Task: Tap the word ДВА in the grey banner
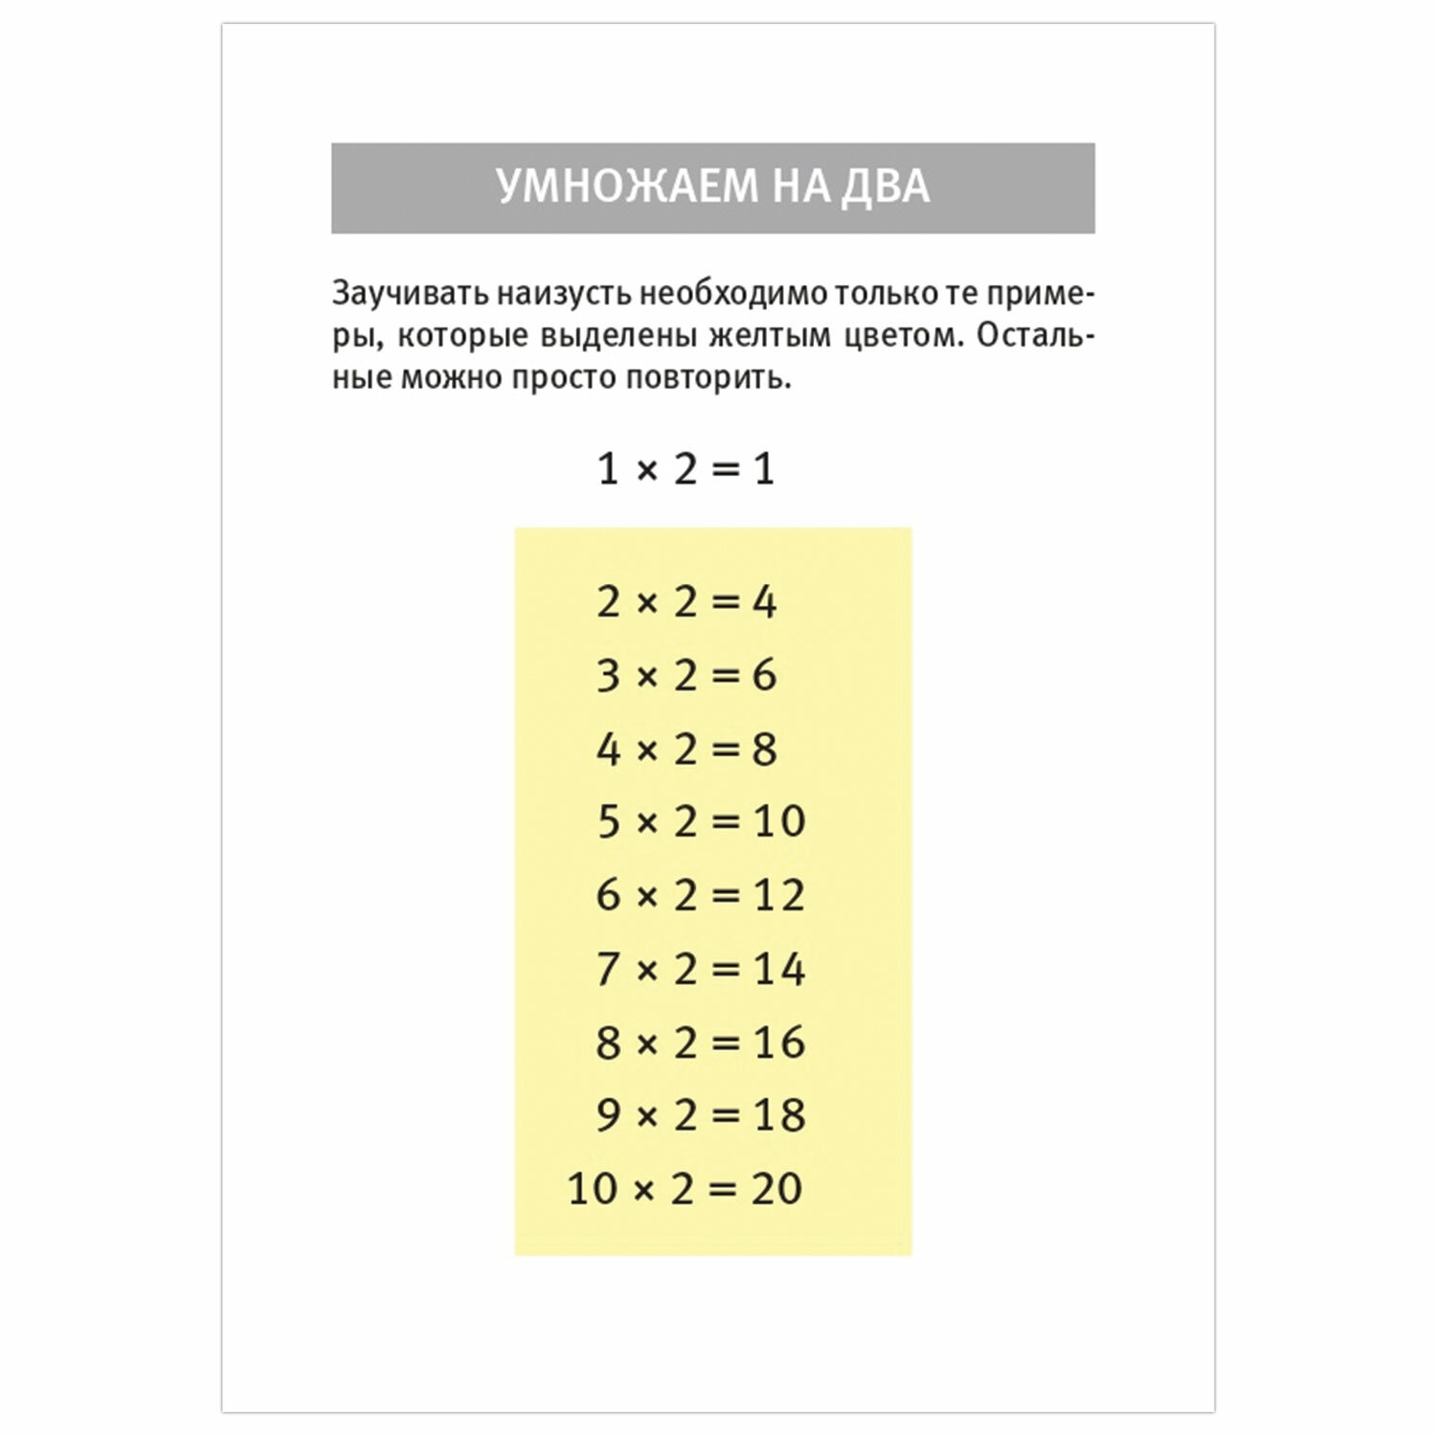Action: (x=886, y=187)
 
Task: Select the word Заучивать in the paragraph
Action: (x=410, y=294)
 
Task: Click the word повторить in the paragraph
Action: (x=708, y=379)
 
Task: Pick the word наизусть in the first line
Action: (x=564, y=294)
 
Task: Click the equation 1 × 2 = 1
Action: (x=685, y=469)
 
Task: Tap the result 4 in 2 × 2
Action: (x=764, y=602)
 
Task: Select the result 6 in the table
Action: (x=764, y=676)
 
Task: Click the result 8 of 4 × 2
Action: (x=764, y=749)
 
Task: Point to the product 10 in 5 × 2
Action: (x=779, y=821)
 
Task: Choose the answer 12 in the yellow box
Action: (x=779, y=895)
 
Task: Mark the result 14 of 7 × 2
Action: (x=779, y=969)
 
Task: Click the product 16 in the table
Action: (x=779, y=1042)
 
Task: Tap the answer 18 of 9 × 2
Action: (x=779, y=1115)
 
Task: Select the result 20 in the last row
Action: (x=776, y=1189)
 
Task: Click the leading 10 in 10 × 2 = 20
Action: (x=593, y=1189)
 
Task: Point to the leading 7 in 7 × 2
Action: (x=608, y=969)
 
